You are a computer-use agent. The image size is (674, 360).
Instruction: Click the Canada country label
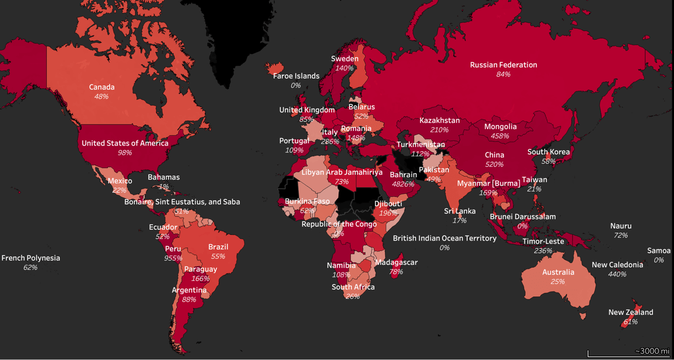(x=102, y=87)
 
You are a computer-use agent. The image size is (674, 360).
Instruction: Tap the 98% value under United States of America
(x=125, y=153)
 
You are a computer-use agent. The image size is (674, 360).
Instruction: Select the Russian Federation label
(x=503, y=65)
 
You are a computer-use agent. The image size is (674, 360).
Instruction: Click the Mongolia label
(x=500, y=126)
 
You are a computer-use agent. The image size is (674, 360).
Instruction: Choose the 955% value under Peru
(x=173, y=258)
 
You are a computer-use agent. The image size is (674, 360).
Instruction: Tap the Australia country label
(x=558, y=272)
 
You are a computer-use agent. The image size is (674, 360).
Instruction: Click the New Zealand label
(x=631, y=312)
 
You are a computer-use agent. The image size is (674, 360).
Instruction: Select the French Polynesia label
(x=31, y=258)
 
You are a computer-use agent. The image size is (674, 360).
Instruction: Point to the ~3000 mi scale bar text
(x=651, y=351)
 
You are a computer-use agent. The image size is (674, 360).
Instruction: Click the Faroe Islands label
(x=296, y=76)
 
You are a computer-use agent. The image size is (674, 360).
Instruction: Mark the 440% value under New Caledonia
(x=617, y=274)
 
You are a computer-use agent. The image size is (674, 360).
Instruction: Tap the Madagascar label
(x=396, y=262)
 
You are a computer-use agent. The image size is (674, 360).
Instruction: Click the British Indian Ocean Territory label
(x=444, y=238)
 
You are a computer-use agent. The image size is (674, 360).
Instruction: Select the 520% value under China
(x=495, y=164)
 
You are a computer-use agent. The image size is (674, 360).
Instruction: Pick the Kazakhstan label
(x=440, y=121)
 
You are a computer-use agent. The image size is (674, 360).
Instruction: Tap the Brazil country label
(x=218, y=246)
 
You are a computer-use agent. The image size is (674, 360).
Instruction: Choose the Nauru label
(x=621, y=226)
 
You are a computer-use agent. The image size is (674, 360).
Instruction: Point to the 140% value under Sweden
(x=345, y=68)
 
